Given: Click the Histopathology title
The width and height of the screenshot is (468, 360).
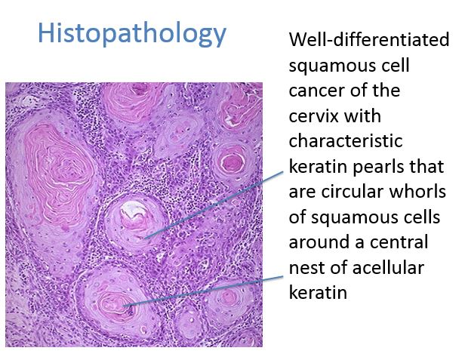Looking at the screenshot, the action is click(132, 33).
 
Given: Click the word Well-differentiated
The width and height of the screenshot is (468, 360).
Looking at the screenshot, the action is click(369, 39).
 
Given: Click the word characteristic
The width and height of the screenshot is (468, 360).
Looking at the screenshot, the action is click(346, 141).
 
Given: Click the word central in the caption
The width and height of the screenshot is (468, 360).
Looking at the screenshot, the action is click(399, 242).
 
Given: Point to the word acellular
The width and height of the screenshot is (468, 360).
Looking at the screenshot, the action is click(388, 267).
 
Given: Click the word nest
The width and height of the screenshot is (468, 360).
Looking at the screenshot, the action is click(306, 269).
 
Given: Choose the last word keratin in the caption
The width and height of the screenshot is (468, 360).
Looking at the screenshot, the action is click(318, 293).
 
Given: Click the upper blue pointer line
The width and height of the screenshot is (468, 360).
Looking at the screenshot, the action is click(214, 205).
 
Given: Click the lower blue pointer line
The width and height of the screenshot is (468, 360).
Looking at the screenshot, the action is click(203, 291).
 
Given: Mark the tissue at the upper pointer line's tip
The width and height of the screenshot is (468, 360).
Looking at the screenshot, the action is click(145, 238).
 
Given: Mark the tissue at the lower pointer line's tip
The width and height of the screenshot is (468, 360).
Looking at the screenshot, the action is click(124, 306).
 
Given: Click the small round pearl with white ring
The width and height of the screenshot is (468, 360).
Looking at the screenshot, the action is click(232, 163).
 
